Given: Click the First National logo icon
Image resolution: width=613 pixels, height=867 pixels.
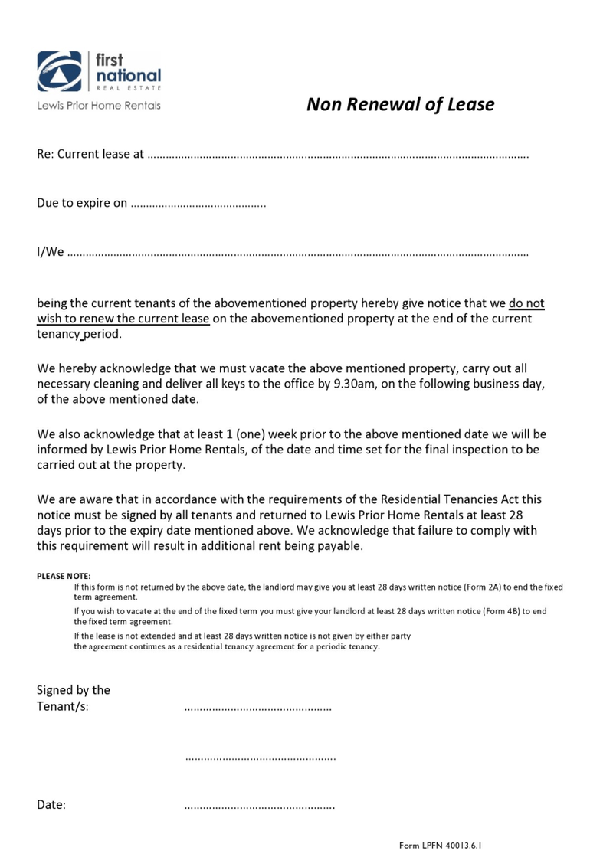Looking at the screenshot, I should pyautogui.click(x=60, y=71).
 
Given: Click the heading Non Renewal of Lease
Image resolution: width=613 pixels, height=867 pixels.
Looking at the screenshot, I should pyautogui.click(x=400, y=104).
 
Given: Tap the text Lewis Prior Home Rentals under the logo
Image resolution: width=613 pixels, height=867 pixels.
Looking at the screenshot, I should pyautogui.click(x=99, y=106).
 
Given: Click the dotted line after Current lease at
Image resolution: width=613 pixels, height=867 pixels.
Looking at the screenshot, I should pyautogui.click(x=337, y=155).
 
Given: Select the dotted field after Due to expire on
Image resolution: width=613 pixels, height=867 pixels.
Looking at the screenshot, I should pyautogui.click(x=198, y=204).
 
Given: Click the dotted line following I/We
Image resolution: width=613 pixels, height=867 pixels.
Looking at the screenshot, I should pyautogui.click(x=298, y=253).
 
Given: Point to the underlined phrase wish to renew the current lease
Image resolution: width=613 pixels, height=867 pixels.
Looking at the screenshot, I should pyautogui.click(x=123, y=319).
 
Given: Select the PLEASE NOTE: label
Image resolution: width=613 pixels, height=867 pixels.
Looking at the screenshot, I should pyautogui.click(x=64, y=576).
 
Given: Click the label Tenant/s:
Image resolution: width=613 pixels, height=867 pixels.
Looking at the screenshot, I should pyautogui.click(x=63, y=706).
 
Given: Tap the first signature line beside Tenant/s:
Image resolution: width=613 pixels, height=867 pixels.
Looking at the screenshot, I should pyautogui.click(x=258, y=708).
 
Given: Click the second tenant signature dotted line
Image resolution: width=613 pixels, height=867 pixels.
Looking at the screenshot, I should pyautogui.click(x=261, y=757).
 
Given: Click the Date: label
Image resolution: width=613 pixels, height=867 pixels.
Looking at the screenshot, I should pyautogui.click(x=51, y=805).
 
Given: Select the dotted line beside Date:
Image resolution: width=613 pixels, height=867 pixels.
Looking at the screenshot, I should pyautogui.click(x=260, y=806).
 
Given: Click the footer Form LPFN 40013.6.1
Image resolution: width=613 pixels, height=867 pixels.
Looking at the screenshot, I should pyautogui.click(x=445, y=846).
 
